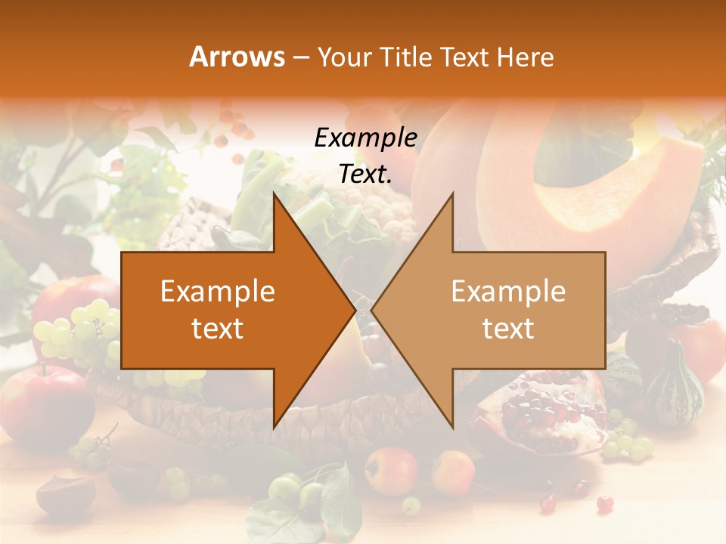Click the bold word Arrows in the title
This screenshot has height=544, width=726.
coord(237,57)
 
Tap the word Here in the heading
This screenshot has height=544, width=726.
coord(525,57)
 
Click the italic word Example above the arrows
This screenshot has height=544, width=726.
coord(365,138)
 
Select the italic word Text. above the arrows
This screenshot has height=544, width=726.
coord(365,174)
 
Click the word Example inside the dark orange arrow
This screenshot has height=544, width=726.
coord(218,292)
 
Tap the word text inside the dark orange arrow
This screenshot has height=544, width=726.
coord(218,329)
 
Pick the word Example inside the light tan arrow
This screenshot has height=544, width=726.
coord(508,292)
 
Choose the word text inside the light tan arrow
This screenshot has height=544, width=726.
coord(508,329)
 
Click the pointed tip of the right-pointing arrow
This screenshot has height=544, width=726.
coord(355,309)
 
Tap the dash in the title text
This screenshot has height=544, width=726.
coord(299,57)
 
